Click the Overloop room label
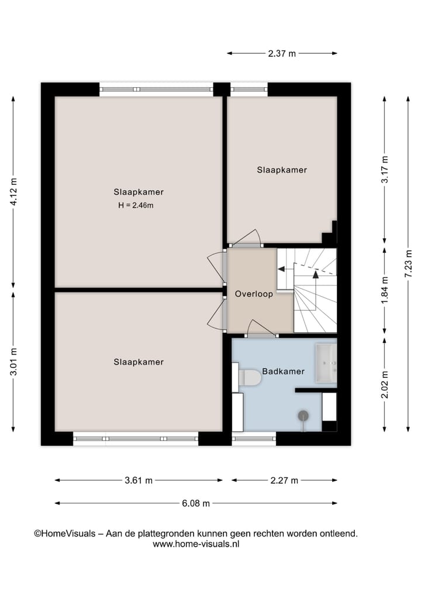coord(254,294)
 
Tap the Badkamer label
coord(283,371)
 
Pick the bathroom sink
coord(326,363)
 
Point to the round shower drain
coord(303,415)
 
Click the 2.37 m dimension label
coord(282,53)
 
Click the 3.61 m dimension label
coord(139,480)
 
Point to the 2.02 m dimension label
coord(384,385)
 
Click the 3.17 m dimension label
coord(384,170)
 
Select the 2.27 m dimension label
coord(284,480)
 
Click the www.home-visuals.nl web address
coord(196,544)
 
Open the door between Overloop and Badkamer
coord(261,329)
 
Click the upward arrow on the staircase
coord(316,273)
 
